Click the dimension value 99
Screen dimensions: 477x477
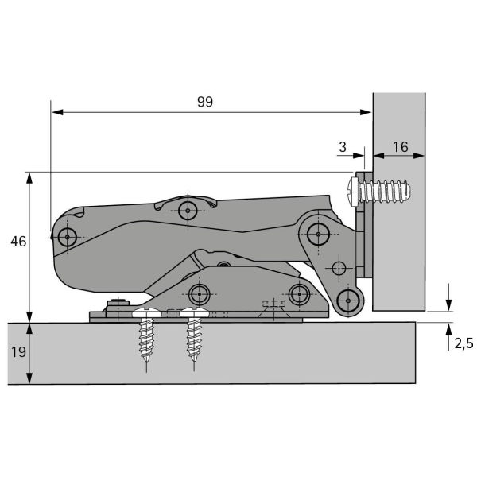205,102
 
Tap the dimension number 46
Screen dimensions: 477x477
18,242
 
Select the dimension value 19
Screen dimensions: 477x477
18,352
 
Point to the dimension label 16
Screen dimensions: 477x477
401,147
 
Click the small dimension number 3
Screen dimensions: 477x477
343,147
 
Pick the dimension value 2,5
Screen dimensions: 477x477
464,343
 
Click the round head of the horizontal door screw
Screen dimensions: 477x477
353,192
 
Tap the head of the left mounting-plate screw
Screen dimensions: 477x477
147,312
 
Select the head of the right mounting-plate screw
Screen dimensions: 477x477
194,312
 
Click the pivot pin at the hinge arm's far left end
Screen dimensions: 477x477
68,237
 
